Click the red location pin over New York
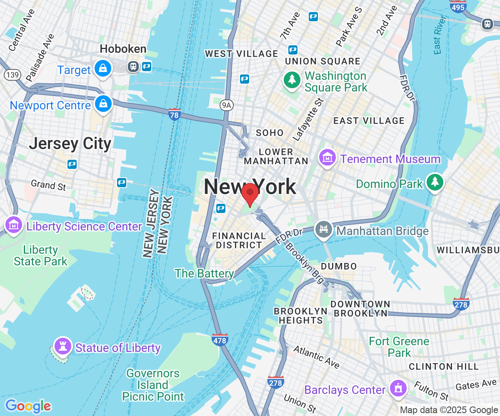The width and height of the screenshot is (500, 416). pyautogui.click(x=250, y=193)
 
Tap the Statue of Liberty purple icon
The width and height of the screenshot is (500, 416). pyautogui.click(x=63, y=345)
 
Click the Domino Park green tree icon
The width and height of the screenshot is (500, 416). pyautogui.click(x=435, y=182)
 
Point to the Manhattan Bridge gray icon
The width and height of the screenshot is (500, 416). pyautogui.click(x=323, y=229)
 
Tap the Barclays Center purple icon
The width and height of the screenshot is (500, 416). pyautogui.click(x=397, y=389)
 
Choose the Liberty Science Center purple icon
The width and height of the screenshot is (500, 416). pyautogui.click(x=14, y=225)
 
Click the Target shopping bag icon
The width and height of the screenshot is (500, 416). pyautogui.click(x=102, y=68)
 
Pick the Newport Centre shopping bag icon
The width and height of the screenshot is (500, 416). pyautogui.click(x=102, y=104)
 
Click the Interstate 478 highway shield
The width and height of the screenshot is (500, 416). pyautogui.click(x=220, y=339)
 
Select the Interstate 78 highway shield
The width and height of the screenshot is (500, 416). pyautogui.click(x=175, y=114)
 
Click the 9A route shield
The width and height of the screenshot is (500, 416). pyautogui.click(x=226, y=106)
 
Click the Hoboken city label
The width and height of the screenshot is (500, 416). pyautogui.click(x=123, y=49)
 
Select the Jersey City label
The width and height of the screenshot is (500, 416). pyautogui.click(x=70, y=144)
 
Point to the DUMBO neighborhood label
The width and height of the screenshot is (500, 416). pyautogui.click(x=339, y=266)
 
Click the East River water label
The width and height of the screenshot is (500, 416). pyautogui.click(x=437, y=40)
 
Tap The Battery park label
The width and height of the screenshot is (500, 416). pyautogui.click(x=204, y=273)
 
